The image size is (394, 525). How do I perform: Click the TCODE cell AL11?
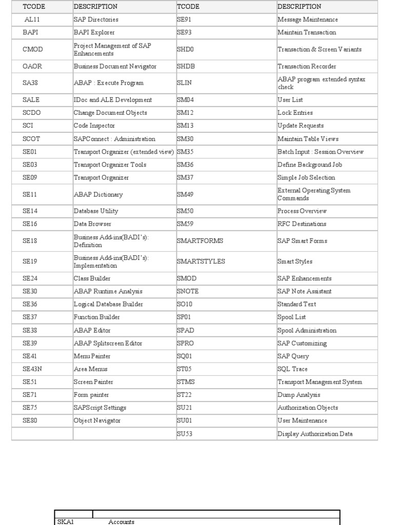[x=32, y=19]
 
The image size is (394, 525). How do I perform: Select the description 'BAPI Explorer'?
[x=94, y=32]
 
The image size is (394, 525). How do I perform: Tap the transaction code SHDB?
[x=186, y=66]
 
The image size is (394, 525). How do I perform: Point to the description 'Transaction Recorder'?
[x=307, y=66]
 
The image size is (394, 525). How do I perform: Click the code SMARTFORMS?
[x=200, y=240]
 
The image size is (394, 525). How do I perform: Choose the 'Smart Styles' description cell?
[x=295, y=261]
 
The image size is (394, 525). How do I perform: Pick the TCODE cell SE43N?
[x=33, y=369]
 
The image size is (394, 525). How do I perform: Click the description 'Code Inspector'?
[x=94, y=126]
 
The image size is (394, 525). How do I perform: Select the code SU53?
[x=185, y=434]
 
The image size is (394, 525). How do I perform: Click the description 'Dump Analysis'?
[x=299, y=395]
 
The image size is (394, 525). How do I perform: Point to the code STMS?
[x=186, y=382]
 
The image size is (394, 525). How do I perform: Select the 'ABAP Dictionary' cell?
[x=98, y=194]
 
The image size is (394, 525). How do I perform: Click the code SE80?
[x=30, y=420]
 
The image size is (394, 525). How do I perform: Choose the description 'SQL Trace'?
[x=293, y=369]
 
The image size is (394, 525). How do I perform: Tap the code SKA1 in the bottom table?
[x=66, y=521]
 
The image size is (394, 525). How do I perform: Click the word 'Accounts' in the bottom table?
[x=122, y=521]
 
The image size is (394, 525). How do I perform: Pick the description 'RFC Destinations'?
[x=302, y=224]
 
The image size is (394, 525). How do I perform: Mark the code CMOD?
[x=33, y=49]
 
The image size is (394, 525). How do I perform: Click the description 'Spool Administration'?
[x=307, y=330]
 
